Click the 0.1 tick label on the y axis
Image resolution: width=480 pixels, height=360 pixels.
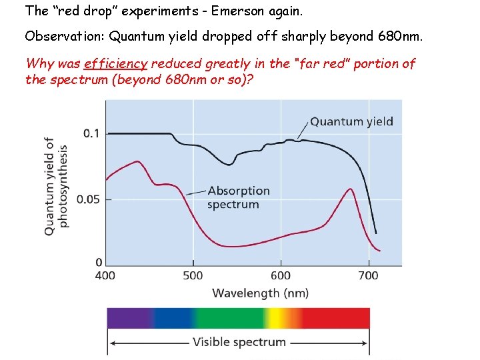tap(91, 133)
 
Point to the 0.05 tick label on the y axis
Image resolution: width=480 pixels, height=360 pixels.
tap(88, 199)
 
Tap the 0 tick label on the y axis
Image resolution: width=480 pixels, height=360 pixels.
tap(99, 262)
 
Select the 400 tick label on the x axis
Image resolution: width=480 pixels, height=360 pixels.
tap(105, 275)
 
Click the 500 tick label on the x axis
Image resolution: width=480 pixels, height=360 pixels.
tap(193, 275)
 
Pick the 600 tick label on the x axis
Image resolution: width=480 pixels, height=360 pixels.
tap(281, 275)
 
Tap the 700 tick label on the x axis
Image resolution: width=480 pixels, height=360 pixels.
tap(368, 275)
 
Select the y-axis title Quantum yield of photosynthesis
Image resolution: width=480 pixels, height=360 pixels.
tap(56, 185)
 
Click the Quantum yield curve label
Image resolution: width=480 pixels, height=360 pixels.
tap(351, 121)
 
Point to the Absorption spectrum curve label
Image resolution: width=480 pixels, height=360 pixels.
tap(238, 197)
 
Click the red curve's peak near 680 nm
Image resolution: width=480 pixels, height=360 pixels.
tap(350, 189)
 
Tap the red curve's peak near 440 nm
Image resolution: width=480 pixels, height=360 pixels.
tap(137, 161)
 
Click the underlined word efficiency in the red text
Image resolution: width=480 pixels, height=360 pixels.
tap(115, 64)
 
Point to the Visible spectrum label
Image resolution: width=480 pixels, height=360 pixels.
tap(239, 342)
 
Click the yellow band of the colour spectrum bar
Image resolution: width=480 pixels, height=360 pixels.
tap(291, 318)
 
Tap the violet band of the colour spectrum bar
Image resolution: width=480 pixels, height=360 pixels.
tap(127, 318)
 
